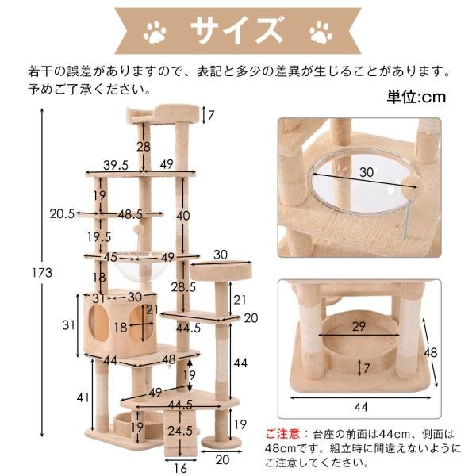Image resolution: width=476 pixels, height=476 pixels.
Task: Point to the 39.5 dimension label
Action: tap(116, 165)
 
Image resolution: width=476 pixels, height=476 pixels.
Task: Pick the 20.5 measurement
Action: tap(61, 213)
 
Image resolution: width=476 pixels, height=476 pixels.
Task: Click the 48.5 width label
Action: tap(130, 213)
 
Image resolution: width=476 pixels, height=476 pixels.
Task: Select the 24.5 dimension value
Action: tap(182, 432)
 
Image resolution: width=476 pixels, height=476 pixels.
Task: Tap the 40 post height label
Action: tap(183, 216)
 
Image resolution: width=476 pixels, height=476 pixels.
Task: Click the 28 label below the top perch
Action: tap(142, 146)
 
